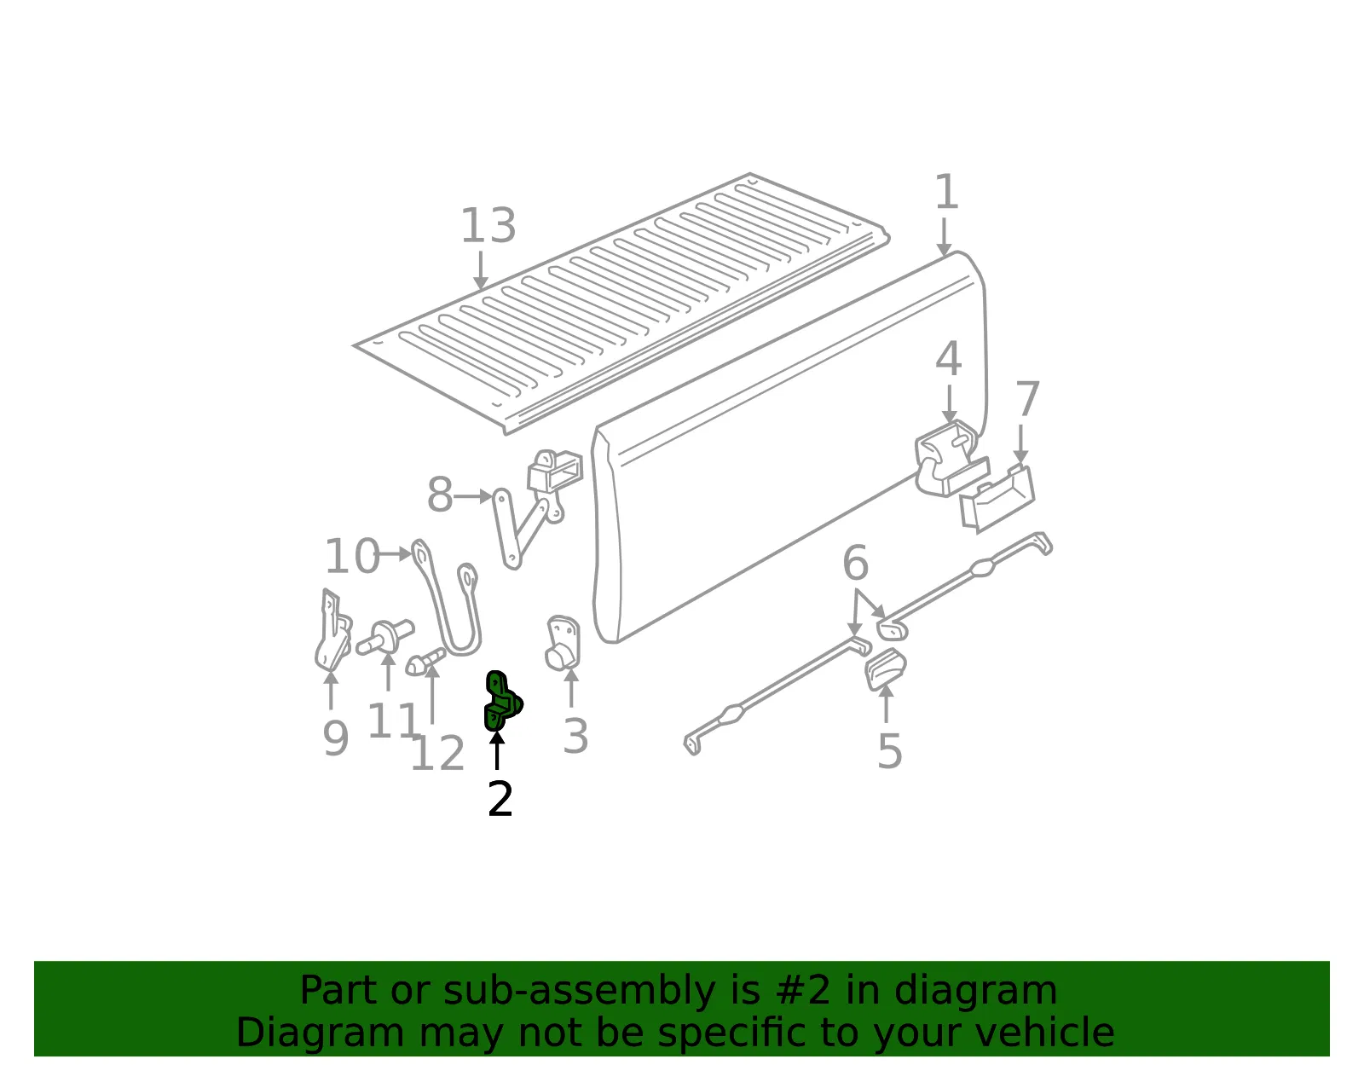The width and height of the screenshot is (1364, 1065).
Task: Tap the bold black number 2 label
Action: pyautogui.click(x=500, y=800)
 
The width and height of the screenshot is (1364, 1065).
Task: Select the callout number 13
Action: pyautogui.click(x=488, y=225)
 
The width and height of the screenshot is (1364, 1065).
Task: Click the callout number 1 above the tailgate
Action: pyautogui.click(x=946, y=192)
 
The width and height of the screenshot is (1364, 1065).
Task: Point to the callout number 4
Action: pyautogui.click(x=949, y=359)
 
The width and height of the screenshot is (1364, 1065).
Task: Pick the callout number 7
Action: pyautogui.click(x=1027, y=399)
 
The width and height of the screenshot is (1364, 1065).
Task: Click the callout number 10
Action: pyautogui.click(x=352, y=556)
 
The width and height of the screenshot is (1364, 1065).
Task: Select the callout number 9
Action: pyautogui.click(x=336, y=738)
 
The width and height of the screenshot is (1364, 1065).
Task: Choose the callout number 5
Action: pyautogui.click(x=889, y=751)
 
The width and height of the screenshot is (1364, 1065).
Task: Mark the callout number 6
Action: pyautogui.click(x=856, y=563)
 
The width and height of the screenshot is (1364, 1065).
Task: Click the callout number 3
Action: pyautogui.click(x=575, y=736)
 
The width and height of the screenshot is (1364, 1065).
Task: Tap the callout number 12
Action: pyautogui.click(x=437, y=753)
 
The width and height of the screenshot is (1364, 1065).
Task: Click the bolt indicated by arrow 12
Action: pyautogui.click(x=425, y=662)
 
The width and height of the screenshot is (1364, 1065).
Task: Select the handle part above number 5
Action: pyautogui.click(x=886, y=669)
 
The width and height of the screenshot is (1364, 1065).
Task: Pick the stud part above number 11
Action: pyautogui.click(x=384, y=636)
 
